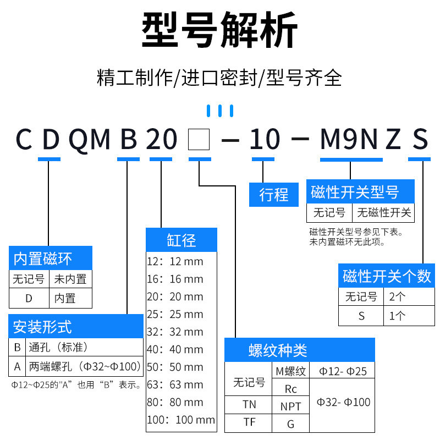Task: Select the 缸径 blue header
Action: (x=182, y=240)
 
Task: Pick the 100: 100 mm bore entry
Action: (x=180, y=420)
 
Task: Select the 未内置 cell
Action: (x=70, y=279)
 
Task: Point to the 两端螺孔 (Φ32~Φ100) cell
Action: (x=84, y=366)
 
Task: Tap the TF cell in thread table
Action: (x=249, y=423)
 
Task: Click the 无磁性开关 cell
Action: (x=384, y=212)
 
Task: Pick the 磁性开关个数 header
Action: (x=387, y=276)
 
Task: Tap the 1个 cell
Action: (x=397, y=316)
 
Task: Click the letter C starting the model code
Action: (x=23, y=140)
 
